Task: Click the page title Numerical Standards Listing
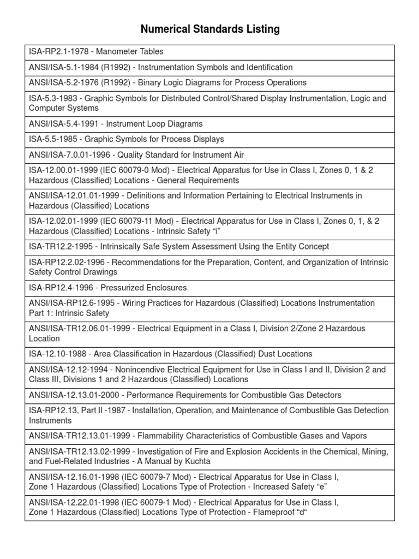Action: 210,29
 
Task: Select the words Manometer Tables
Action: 129,52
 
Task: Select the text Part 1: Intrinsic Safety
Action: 69,313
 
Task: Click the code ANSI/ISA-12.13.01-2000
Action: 74,395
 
